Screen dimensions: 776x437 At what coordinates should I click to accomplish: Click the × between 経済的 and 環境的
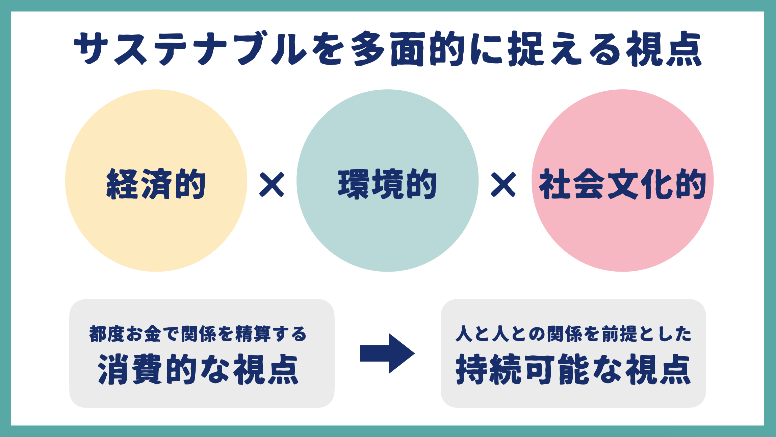click(x=271, y=184)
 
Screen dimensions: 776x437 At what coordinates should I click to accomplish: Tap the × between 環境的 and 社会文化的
click(x=503, y=184)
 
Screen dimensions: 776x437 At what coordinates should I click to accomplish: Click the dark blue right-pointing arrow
click(x=388, y=353)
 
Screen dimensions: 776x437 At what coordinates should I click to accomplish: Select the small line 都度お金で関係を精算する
click(x=198, y=334)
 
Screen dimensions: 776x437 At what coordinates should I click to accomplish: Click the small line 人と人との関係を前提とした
click(x=573, y=334)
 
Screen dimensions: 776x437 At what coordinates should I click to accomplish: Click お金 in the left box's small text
click(x=143, y=334)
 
